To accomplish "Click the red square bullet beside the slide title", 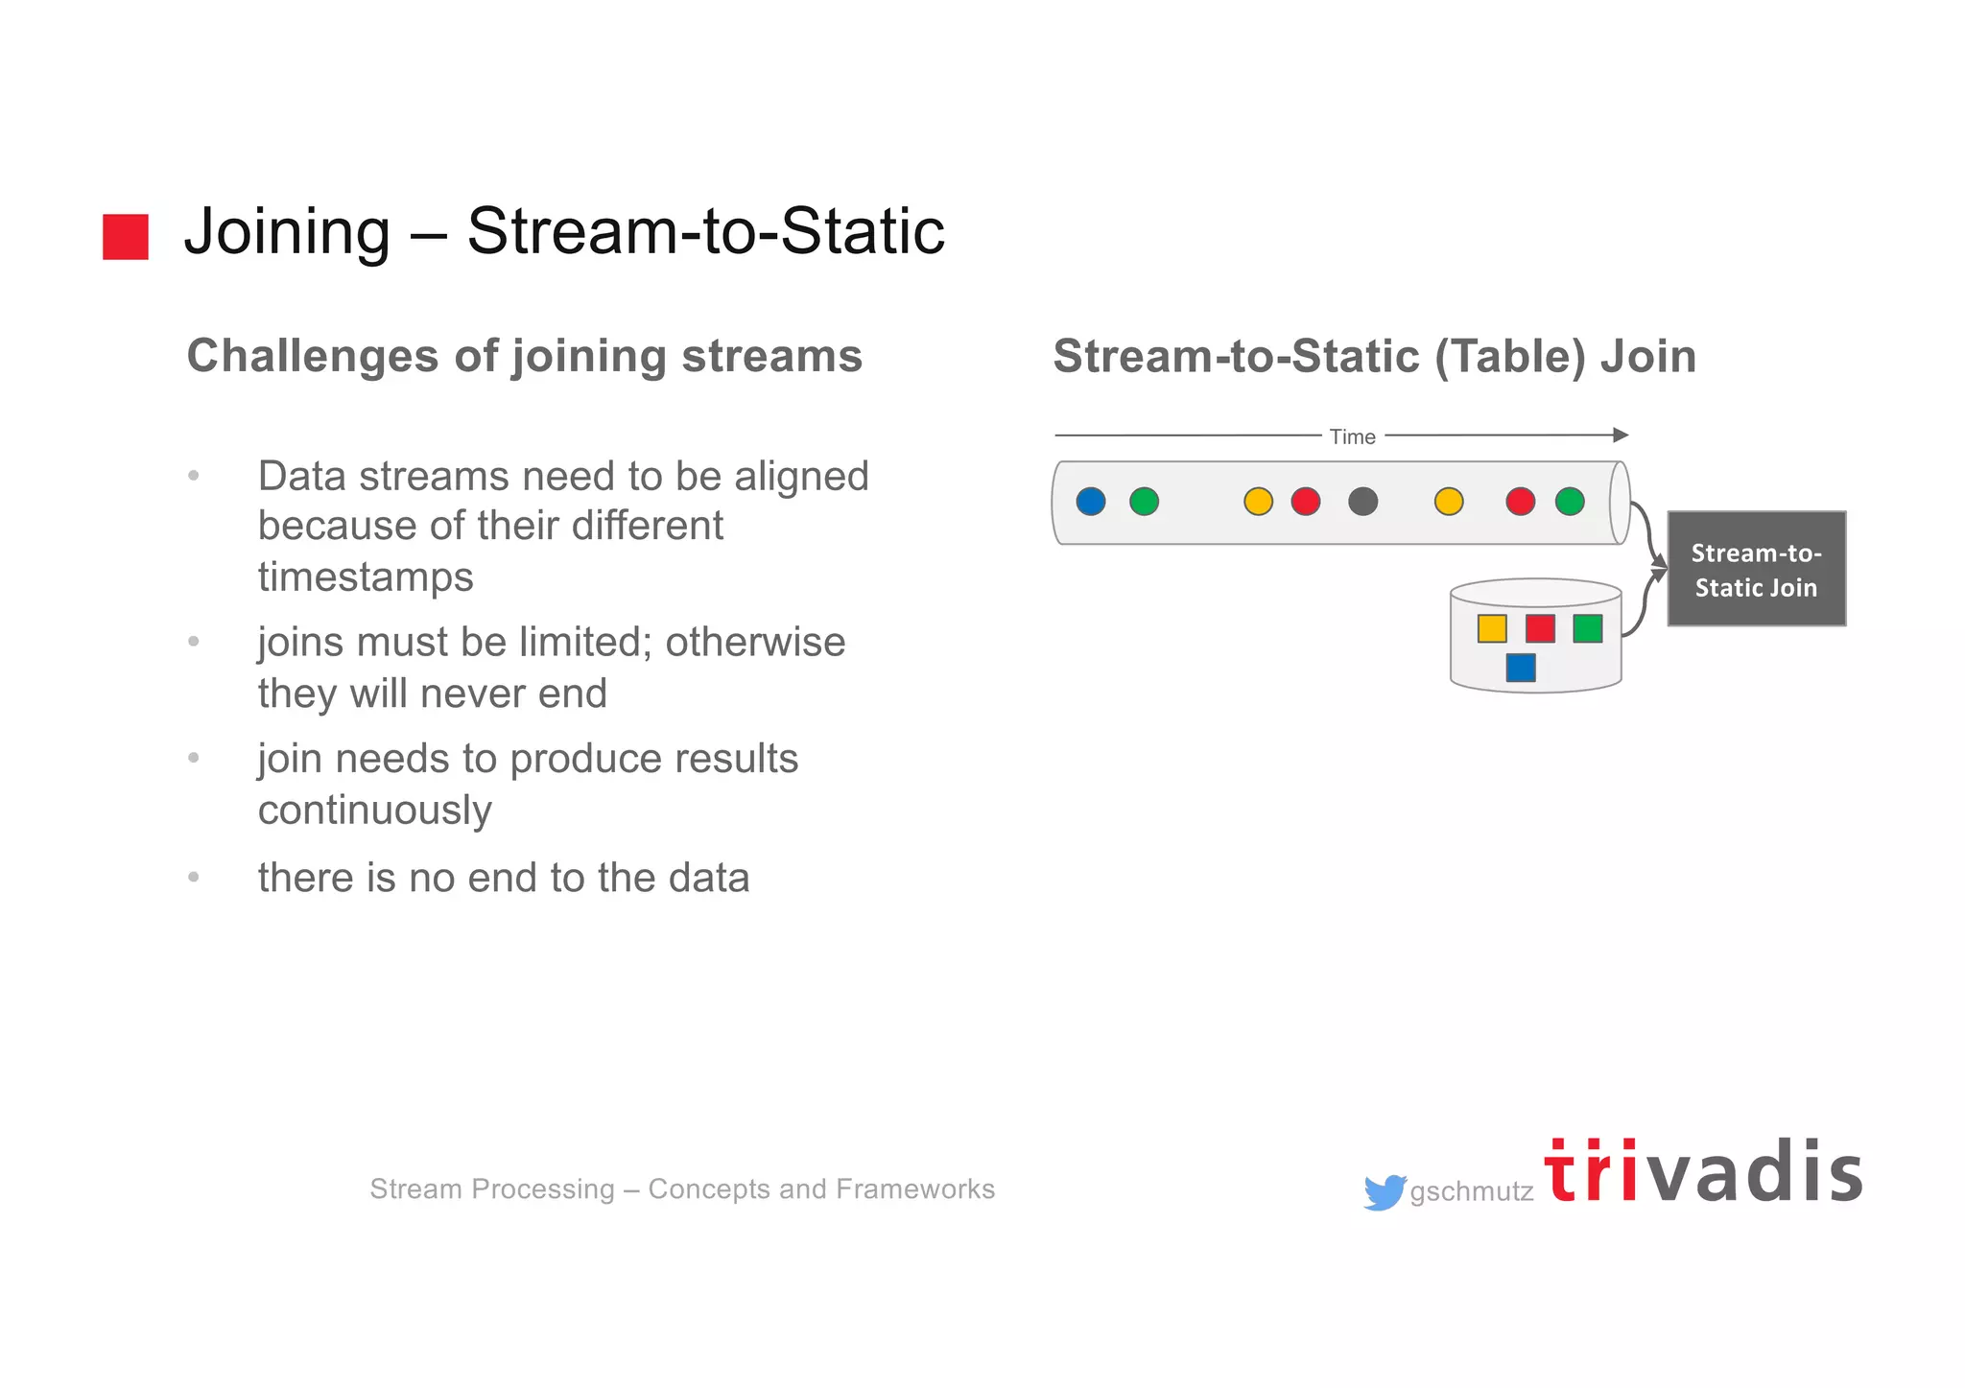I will [x=126, y=237].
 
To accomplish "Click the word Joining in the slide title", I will [x=287, y=232].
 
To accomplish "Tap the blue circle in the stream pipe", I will [x=1091, y=501].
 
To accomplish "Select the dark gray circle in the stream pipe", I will [x=1362, y=501].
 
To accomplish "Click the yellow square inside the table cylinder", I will [x=1492, y=628].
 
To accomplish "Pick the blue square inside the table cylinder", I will [x=1521, y=667].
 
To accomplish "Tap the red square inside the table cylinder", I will [x=1540, y=628].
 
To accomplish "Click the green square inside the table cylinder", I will [x=1588, y=628].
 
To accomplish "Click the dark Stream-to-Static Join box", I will [x=1756, y=569].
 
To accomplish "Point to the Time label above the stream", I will [x=1352, y=436].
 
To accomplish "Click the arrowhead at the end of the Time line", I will [x=1621, y=435].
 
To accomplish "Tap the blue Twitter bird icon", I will [x=1384, y=1192].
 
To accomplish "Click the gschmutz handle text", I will [x=1471, y=1191].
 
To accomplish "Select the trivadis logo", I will [x=1703, y=1172].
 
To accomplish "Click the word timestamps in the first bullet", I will [x=366, y=577].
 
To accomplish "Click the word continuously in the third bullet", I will [x=374, y=811].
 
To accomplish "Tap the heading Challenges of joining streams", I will [x=524, y=356].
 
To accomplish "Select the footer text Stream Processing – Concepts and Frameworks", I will [x=682, y=1188].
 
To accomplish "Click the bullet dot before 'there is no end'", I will [x=194, y=877].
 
